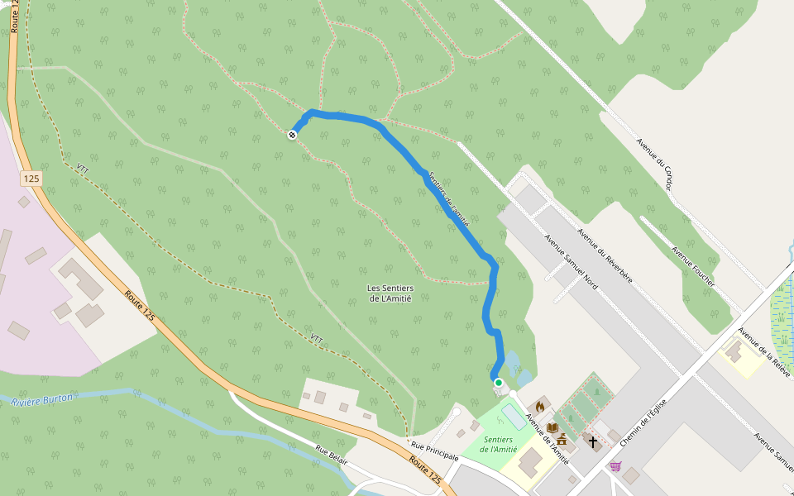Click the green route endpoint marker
tap(498, 383)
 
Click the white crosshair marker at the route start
tap(292, 135)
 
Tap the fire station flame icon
tap(540, 406)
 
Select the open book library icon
tap(552, 427)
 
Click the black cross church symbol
tap(592, 441)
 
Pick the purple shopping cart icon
tap(615, 466)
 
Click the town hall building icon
tap(562, 439)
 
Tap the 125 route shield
tap(31, 179)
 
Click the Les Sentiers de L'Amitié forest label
tap(390, 293)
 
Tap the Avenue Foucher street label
tap(693, 267)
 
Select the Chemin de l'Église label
tap(643, 420)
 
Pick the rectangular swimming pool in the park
tap(514, 417)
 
